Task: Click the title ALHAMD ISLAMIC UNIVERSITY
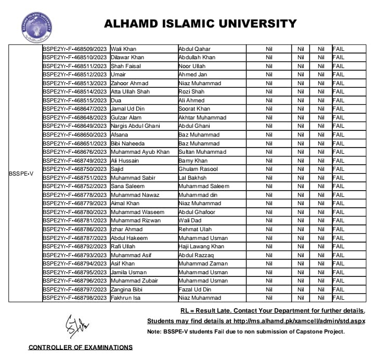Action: (x=200, y=23)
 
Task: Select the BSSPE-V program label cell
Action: (x=21, y=174)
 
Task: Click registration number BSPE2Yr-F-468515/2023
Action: (x=74, y=100)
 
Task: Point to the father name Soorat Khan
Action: (x=194, y=109)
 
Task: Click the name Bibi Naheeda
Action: (x=127, y=143)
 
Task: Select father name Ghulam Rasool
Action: (x=199, y=169)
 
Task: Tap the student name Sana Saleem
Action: (x=127, y=186)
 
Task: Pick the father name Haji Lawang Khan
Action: (x=201, y=246)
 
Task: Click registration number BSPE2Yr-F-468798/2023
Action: (x=74, y=298)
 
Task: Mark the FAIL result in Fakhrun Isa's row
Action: (x=339, y=298)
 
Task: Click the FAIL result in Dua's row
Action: (x=339, y=100)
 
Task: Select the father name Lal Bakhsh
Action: (x=192, y=178)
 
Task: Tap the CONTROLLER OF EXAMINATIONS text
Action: (x=80, y=348)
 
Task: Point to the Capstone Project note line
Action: (x=246, y=331)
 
